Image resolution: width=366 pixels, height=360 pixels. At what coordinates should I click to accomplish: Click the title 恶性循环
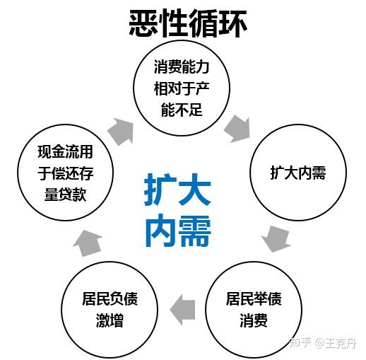pos(188,23)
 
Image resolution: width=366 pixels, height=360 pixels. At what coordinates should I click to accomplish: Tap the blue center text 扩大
pos(177,190)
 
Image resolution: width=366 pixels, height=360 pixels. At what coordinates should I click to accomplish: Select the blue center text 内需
pos(177,231)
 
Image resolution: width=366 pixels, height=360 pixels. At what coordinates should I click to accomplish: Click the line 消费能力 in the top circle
pos(182,67)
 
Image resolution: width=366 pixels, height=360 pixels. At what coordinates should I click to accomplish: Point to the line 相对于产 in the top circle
pos(182,88)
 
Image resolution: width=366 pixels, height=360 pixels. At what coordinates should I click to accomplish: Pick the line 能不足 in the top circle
pos(182,110)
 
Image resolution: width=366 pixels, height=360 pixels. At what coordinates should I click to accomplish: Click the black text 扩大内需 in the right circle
pos(298,173)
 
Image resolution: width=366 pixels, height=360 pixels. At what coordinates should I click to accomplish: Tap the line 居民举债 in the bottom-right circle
pos(254,298)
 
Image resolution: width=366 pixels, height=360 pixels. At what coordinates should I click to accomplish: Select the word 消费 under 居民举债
pos(254,320)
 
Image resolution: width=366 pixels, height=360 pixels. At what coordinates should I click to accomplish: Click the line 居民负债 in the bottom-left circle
pos(110,298)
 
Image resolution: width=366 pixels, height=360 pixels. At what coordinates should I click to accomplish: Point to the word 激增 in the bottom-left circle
pos(110,320)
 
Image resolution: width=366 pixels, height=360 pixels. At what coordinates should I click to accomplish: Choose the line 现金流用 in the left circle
pos(65,151)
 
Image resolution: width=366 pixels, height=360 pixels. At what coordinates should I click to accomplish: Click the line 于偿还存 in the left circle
pos(66,173)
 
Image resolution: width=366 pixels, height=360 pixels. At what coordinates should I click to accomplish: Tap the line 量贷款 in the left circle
pos(65,194)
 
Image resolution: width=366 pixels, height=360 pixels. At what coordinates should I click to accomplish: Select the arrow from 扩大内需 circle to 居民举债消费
pos(276,238)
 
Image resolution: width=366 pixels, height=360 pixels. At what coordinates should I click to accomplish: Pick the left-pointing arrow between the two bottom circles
pos(182,310)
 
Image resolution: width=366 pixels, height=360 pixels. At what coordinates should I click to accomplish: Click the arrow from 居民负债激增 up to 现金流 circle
pos(88,243)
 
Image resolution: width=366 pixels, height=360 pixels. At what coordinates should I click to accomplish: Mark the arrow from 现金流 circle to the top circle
pos(121,132)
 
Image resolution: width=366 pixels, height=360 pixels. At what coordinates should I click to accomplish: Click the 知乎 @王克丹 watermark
pos(323,343)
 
